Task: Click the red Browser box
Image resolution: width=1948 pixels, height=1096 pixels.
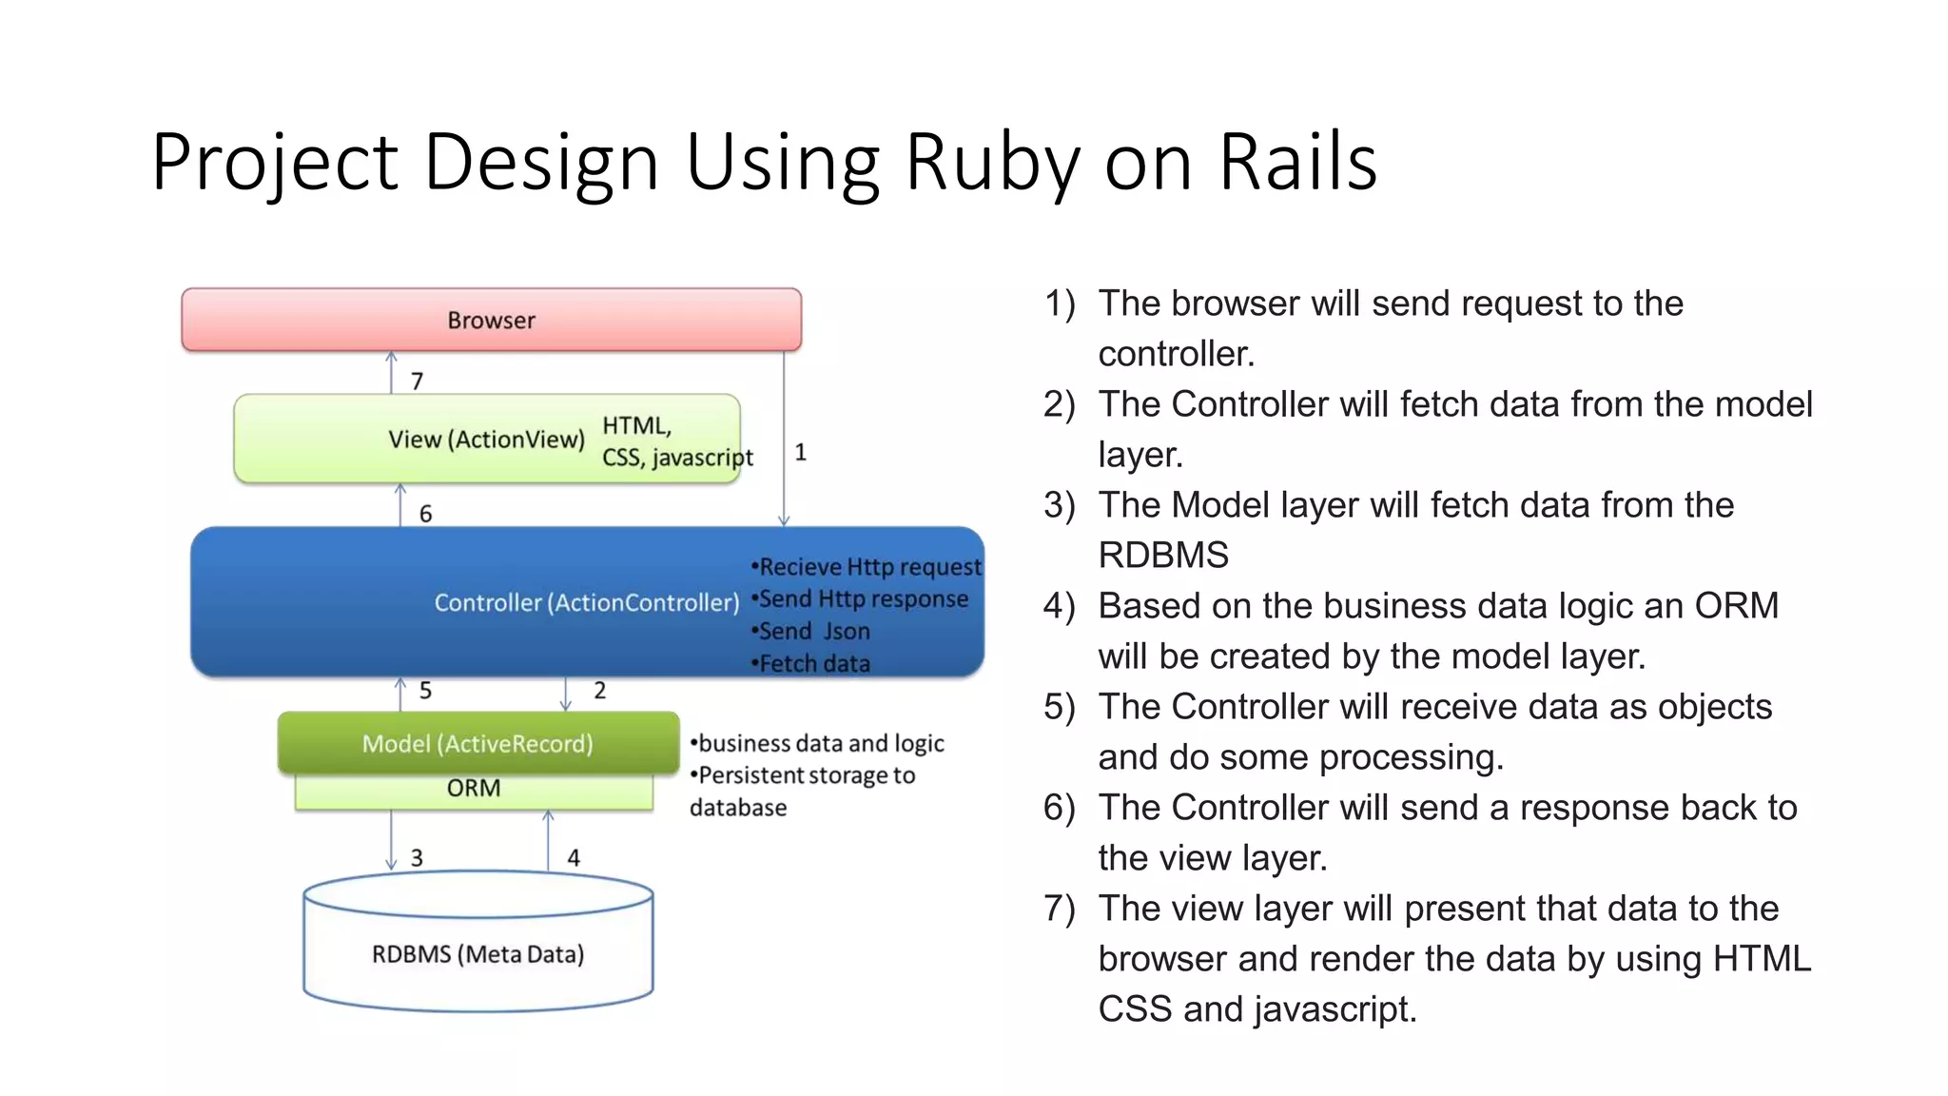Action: tap(491, 321)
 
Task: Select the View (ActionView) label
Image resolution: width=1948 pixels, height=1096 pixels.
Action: tap(486, 440)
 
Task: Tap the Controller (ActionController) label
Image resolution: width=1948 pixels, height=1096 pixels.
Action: tap(586, 602)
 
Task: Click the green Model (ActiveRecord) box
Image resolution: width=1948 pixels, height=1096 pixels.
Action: tap(477, 743)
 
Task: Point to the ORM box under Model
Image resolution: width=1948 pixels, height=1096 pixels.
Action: tap(474, 789)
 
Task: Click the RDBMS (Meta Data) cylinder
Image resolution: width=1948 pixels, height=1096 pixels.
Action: tap(477, 954)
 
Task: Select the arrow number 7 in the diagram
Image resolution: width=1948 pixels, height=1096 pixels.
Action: tap(417, 382)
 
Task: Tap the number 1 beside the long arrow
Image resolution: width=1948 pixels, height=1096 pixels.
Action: tap(801, 453)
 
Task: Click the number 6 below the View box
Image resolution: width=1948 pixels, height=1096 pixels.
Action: tap(425, 514)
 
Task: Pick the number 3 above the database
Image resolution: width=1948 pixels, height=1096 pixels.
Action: tap(417, 858)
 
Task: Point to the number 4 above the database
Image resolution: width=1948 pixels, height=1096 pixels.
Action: tap(574, 858)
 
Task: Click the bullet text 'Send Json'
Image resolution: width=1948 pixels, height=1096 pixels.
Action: tap(813, 632)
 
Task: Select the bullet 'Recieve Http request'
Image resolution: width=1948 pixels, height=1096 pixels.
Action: tap(867, 567)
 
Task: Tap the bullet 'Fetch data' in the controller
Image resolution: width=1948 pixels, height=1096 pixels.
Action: tap(812, 664)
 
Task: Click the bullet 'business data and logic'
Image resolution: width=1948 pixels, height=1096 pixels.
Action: tap(819, 743)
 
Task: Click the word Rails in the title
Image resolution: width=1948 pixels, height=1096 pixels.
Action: tap(1297, 162)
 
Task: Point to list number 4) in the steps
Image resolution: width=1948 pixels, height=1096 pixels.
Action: tap(1059, 606)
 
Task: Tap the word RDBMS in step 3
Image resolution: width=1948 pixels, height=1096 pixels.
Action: tap(1163, 556)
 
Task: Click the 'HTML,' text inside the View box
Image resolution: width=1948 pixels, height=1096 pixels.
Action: tap(636, 425)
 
